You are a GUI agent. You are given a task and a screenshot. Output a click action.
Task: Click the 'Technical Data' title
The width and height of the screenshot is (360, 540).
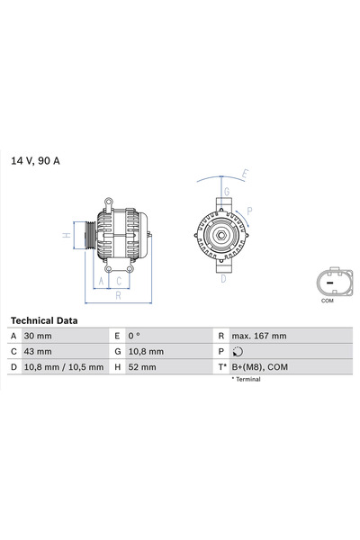click(x=44, y=320)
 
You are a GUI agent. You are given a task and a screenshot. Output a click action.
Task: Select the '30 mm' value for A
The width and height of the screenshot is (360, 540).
click(x=40, y=336)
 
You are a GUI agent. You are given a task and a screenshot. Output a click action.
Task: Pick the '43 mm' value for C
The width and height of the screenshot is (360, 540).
click(x=40, y=351)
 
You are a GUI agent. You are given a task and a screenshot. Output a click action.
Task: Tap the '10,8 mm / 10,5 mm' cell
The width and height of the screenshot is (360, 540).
click(x=65, y=366)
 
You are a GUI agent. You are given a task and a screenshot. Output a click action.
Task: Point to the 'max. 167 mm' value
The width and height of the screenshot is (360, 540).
click(x=258, y=336)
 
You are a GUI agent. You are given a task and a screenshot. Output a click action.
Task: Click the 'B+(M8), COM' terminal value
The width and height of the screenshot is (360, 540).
click(x=259, y=366)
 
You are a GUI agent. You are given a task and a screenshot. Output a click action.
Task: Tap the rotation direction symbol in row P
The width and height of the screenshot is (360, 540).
click(x=237, y=351)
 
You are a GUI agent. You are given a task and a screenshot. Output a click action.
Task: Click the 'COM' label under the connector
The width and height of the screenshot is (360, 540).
click(x=327, y=301)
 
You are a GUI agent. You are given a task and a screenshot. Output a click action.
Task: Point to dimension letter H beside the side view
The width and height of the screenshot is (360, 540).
click(x=66, y=235)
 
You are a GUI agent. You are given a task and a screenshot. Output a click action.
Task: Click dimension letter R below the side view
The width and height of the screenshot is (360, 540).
click(x=118, y=294)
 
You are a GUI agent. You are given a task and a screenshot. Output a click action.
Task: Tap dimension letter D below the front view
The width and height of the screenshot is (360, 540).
click(x=222, y=278)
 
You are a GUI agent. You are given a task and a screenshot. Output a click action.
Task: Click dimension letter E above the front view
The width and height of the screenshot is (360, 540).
click(x=244, y=173)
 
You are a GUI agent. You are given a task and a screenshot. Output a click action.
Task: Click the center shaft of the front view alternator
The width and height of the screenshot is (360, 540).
click(x=219, y=236)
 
